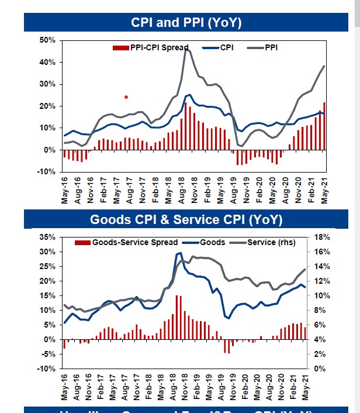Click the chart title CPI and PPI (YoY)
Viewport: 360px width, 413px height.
187,22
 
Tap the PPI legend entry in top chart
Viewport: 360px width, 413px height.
271,47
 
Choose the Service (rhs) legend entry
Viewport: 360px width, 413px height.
271,242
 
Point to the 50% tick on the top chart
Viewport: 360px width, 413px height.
47,40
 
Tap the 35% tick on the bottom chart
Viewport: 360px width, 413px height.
47,237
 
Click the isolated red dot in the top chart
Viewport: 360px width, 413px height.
126,97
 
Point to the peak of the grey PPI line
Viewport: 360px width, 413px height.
186,50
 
